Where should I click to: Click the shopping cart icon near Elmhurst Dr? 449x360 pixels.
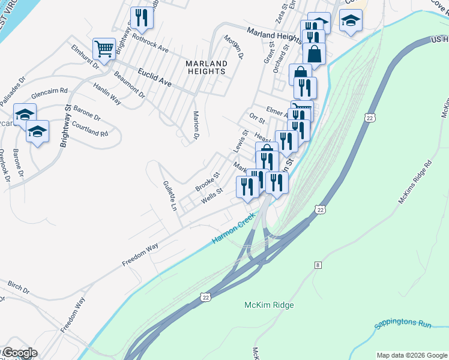pos(104,50)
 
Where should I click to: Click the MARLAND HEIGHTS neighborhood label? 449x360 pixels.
pos(206,67)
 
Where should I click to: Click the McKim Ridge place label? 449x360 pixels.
pos(269,305)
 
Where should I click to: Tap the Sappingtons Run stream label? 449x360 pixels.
pos(403,325)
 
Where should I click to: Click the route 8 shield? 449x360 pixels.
pos(317,264)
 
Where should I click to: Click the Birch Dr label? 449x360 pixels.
pos(19,286)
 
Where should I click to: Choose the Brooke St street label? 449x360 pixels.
pos(208,182)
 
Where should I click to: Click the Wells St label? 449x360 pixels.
pos(212,196)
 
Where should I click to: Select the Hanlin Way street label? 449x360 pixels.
pos(107,94)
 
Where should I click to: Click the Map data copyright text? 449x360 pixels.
pos(411,355)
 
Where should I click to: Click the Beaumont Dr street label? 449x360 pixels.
pos(130,85)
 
